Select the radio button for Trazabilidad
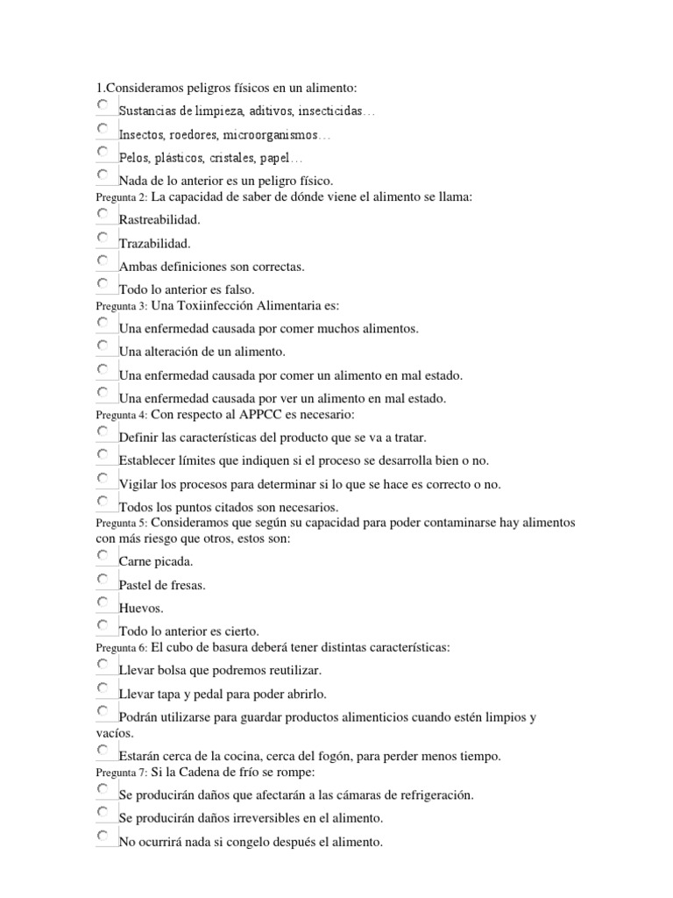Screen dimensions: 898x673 pos(103,238)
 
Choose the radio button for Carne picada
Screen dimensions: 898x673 pos(103,556)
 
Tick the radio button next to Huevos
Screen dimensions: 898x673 pos(103,602)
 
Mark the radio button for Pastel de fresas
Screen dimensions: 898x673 pos(103,579)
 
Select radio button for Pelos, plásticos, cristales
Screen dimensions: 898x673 pos(103,152)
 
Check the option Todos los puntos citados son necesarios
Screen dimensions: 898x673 pos(103,502)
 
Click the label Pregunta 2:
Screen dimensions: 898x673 pos(122,198)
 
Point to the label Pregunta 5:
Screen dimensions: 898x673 pos(122,524)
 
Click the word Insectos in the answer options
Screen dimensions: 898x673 pos(141,136)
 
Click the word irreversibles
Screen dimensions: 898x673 pos(260,818)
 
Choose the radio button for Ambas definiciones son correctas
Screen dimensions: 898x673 pos(103,260)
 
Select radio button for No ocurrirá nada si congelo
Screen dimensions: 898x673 pos(103,837)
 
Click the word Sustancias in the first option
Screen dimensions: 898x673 pos(147,112)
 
